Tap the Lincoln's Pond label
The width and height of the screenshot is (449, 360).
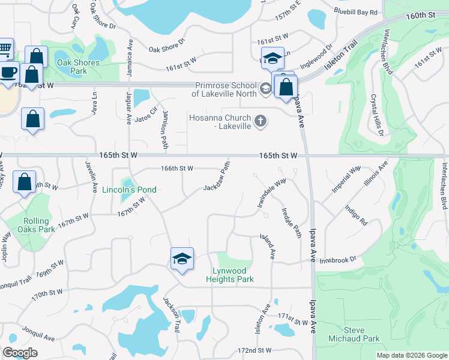pos(129,190)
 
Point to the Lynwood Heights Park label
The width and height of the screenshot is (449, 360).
pos(230,275)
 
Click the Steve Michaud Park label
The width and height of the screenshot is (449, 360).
pos(354,335)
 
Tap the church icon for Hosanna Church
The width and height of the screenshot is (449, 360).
pos(261,121)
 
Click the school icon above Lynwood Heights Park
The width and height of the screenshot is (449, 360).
pos(182,259)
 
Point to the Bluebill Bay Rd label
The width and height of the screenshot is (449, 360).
pos(357,12)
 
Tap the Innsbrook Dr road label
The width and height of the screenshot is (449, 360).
pos(338,259)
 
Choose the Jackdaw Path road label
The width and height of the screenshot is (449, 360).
pos(217,177)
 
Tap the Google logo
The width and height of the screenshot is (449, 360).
pos(20,353)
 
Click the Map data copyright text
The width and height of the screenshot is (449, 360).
pos(411,355)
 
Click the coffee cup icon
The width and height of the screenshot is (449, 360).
pos(9,72)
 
